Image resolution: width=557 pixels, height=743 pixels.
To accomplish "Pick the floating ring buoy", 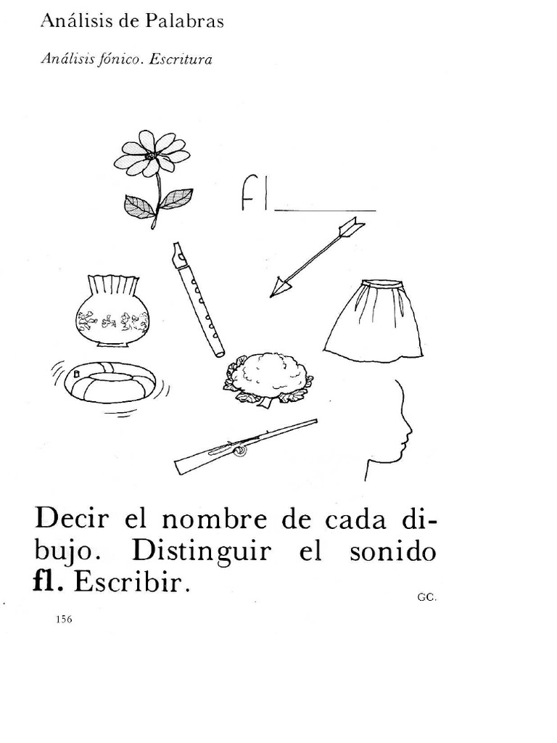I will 110,382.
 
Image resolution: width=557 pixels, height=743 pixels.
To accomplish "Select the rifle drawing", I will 245,446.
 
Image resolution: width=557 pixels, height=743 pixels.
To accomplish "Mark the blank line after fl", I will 324,210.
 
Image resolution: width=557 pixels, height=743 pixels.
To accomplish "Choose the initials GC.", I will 426,597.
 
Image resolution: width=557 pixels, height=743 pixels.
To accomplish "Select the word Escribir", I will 133,583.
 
